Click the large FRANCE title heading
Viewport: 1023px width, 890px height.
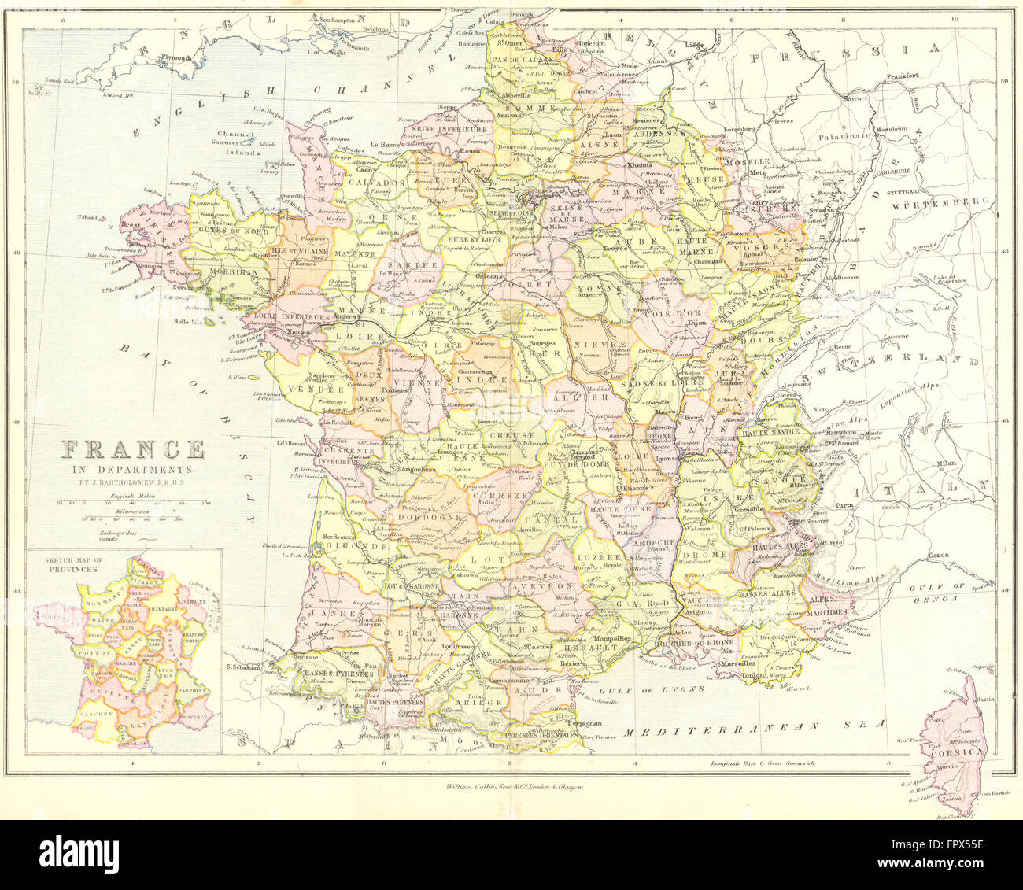coord(133,450)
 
